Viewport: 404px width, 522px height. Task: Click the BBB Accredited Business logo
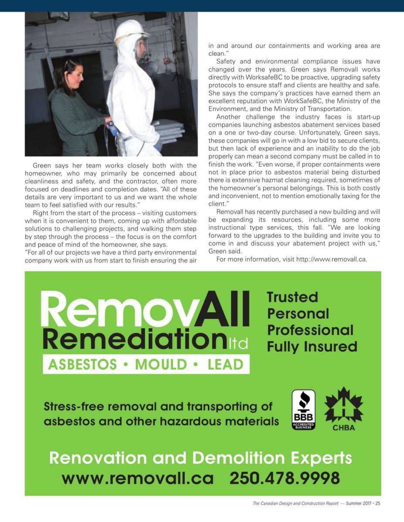coord(303,409)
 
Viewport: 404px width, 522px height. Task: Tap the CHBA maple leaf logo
coord(343,408)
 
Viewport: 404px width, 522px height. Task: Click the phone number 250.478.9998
coord(284,478)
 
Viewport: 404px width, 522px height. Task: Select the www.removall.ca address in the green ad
coord(138,478)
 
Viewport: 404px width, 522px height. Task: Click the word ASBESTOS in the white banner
coord(82,365)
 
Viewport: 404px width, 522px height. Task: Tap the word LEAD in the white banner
coord(225,365)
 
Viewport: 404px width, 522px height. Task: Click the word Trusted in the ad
coord(292,297)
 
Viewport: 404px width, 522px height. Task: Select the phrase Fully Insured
coord(312,347)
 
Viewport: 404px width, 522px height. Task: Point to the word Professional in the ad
coord(310,330)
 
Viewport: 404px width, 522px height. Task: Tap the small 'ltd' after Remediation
coord(238,344)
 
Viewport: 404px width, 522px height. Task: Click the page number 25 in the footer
coord(378,504)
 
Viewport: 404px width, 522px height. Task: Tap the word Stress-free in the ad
coord(74,407)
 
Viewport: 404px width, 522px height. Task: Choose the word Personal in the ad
coord(298,314)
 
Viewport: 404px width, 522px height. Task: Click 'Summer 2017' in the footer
coord(359,504)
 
